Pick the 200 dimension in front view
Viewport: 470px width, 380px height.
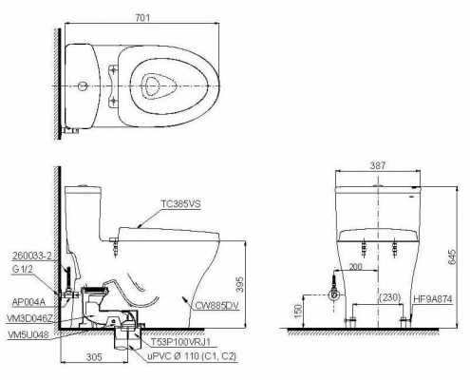coord(355,269)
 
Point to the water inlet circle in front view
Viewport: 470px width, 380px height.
coord(334,294)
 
